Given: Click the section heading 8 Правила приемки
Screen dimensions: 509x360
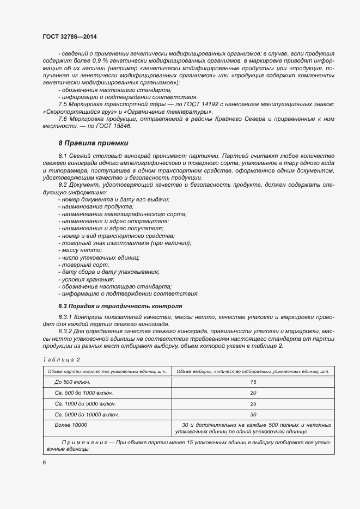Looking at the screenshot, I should tap(93, 143).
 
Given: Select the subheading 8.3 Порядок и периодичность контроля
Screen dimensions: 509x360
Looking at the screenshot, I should tap(120, 306).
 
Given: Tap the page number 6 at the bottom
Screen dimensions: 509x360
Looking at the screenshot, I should tap(44, 463).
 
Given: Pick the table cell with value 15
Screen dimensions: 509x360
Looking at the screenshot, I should tap(253, 382).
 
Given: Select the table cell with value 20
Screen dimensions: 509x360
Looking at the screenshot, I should tap(253, 393).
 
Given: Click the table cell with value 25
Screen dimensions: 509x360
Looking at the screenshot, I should tap(253, 404).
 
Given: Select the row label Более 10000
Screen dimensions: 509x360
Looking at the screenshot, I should tap(71, 425).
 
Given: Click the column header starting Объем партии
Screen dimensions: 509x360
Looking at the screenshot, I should tap(107, 371).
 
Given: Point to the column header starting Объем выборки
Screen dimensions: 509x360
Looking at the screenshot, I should tap(253, 371).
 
